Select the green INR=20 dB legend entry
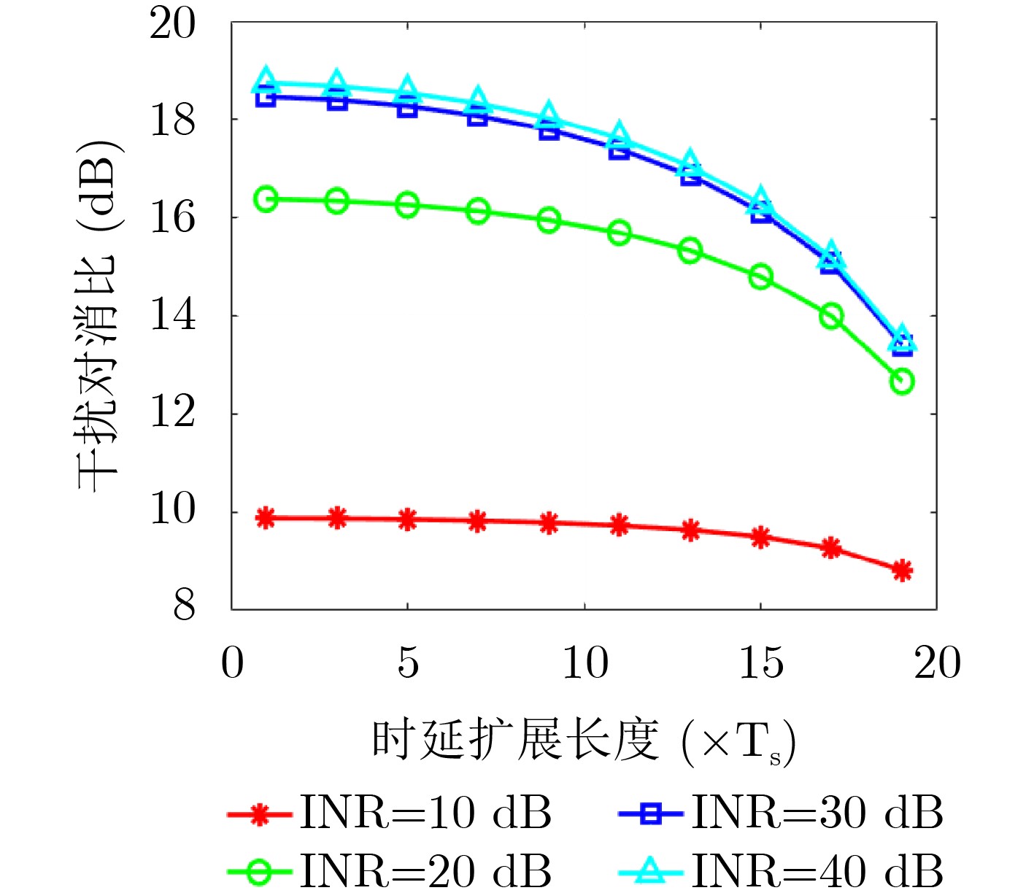pos(389,870)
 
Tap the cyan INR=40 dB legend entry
pos(780,870)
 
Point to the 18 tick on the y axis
pos(173,120)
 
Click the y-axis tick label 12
pos(173,413)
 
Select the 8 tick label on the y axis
pos(184,606)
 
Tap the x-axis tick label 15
pos(761,663)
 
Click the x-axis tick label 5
pos(408,663)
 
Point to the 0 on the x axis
pos(232,663)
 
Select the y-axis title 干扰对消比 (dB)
pos(99,314)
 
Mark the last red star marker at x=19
pos(902,571)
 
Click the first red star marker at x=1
pos(266,518)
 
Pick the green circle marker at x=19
pos(902,382)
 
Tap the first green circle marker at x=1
pos(266,199)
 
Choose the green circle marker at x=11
pos(620,233)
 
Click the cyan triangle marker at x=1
pos(266,80)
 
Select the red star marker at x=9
pos(549,522)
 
